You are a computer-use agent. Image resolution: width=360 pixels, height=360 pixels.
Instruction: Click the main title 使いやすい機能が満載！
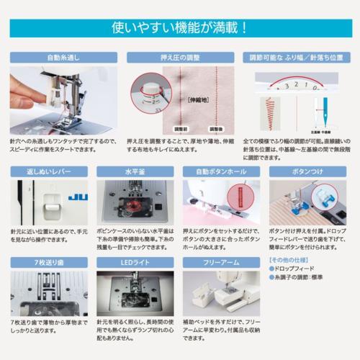pyautogui.click(x=180, y=28)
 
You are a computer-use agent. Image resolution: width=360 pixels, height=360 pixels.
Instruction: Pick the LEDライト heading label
pyautogui.click(x=134, y=264)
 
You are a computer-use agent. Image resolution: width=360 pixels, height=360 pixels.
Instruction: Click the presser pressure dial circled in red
pyautogui.click(x=151, y=92)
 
